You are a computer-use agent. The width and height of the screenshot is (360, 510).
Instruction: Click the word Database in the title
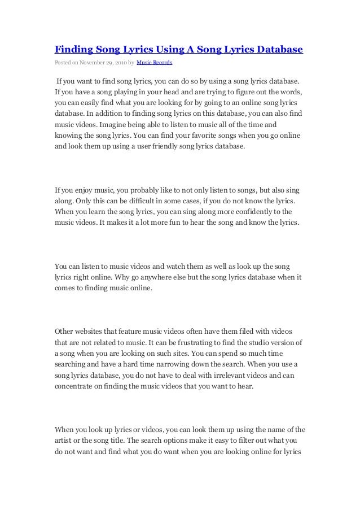tap(276, 49)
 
